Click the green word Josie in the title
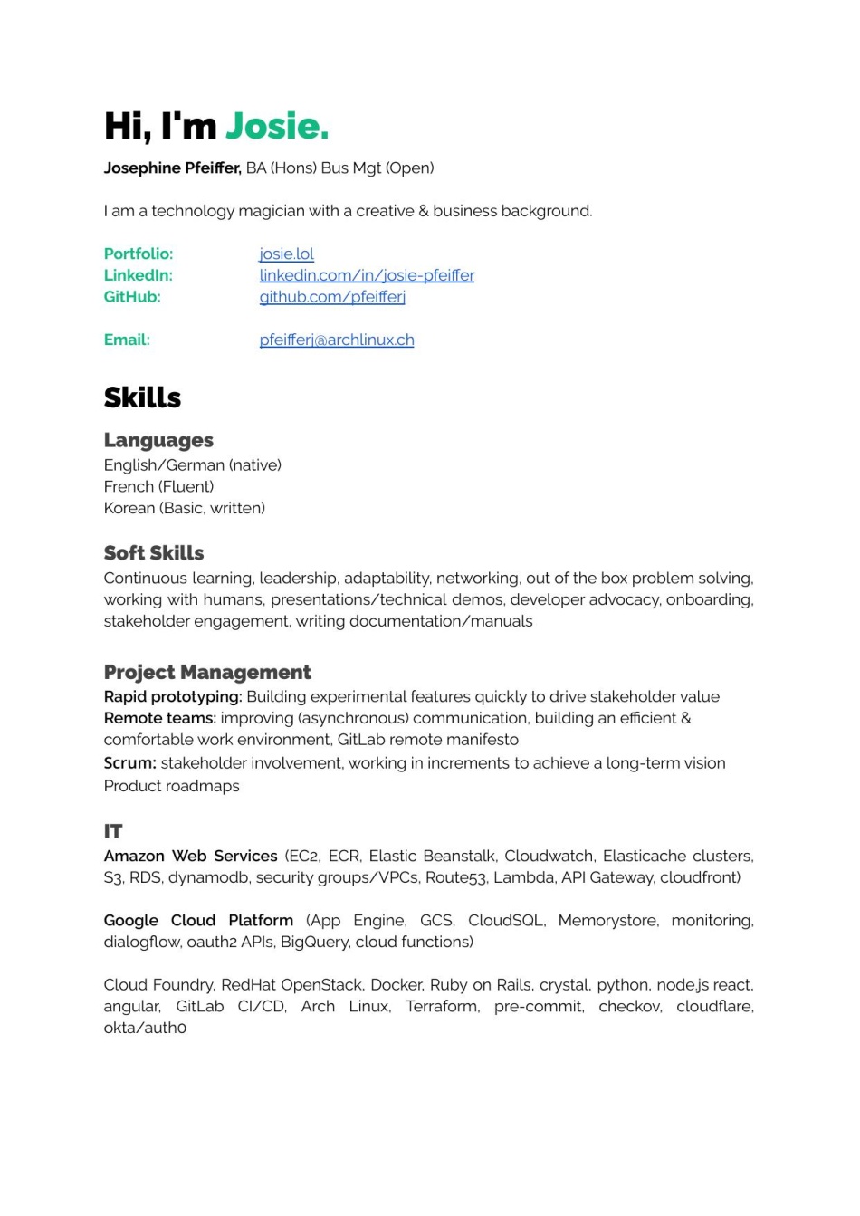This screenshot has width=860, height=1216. tap(276, 127)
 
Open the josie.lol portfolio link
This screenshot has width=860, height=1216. tap(286, 254)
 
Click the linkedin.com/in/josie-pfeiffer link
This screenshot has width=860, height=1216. tap(367, 275)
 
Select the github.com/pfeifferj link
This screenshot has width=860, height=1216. tap(332, 297)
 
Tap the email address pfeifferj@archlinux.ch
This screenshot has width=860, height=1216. tap(337, 340)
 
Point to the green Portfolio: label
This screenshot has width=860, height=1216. tap(139, 254)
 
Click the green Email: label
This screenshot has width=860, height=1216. tap(127, 340)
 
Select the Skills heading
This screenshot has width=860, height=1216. tap(142, 397)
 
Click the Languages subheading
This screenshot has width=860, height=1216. tap(158, 441)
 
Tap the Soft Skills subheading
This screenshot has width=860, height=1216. tap(154, 553)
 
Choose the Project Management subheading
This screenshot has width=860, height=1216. tap(207, 673)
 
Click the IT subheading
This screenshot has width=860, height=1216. tap(113, 831)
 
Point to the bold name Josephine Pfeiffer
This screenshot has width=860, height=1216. tap(172, 168)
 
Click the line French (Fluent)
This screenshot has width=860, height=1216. tap(158, 487)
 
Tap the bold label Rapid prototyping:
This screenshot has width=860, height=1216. tap(173, 697)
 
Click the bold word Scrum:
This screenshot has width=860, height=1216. tap(130, 763)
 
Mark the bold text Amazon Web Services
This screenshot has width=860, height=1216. tap(190, 857)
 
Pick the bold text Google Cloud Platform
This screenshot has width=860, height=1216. tap(198, 921)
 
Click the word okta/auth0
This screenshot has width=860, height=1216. tap(145, 1029)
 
